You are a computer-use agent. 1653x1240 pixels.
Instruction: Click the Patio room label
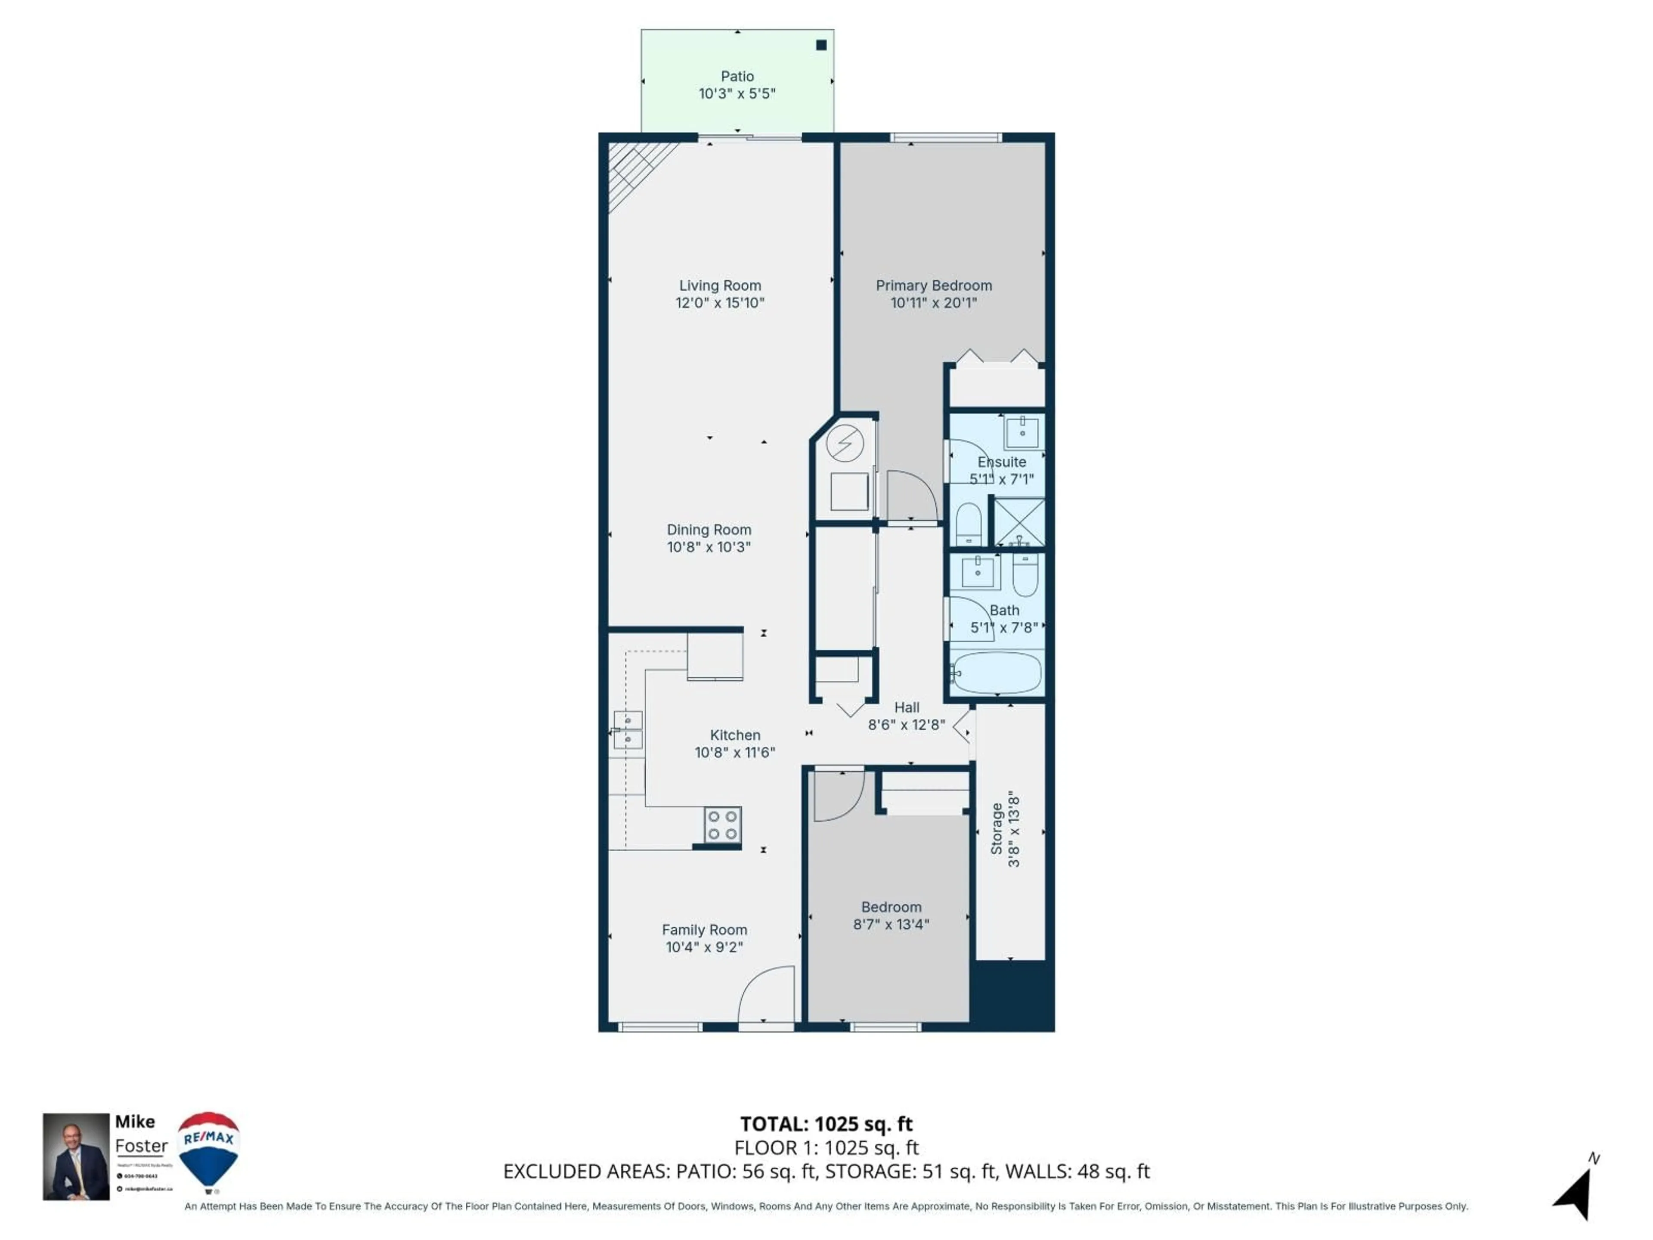[737, 76]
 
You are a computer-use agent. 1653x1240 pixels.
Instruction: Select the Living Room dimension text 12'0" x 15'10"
[720, 303]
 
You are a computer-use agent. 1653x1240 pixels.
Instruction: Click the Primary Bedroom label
[933, 285]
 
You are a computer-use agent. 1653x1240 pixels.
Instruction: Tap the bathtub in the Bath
[997, 673]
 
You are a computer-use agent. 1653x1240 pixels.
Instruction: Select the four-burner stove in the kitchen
[722, 825]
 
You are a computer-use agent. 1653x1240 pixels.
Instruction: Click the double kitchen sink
[628, 730]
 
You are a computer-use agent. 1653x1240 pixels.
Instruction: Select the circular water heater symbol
[845, 444]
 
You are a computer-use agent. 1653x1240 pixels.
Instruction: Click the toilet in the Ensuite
[969, 523]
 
